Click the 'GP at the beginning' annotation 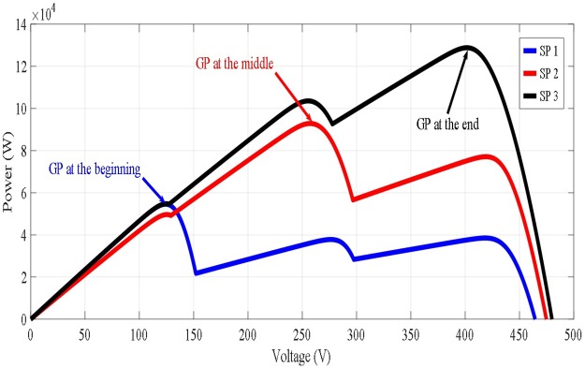(94, 169)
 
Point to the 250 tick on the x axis (248, 333)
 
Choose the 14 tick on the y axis (19, 24)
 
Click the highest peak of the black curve (468, 47)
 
